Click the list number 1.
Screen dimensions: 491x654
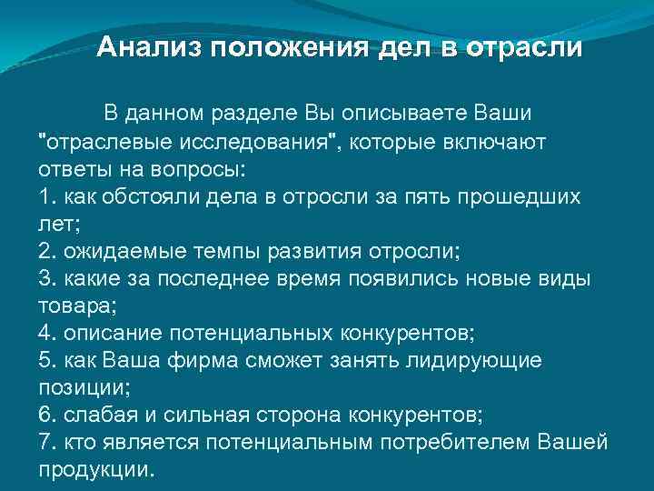pos(46,197)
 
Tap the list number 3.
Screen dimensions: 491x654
pos(46,279)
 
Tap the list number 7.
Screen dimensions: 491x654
pos(46,443)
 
